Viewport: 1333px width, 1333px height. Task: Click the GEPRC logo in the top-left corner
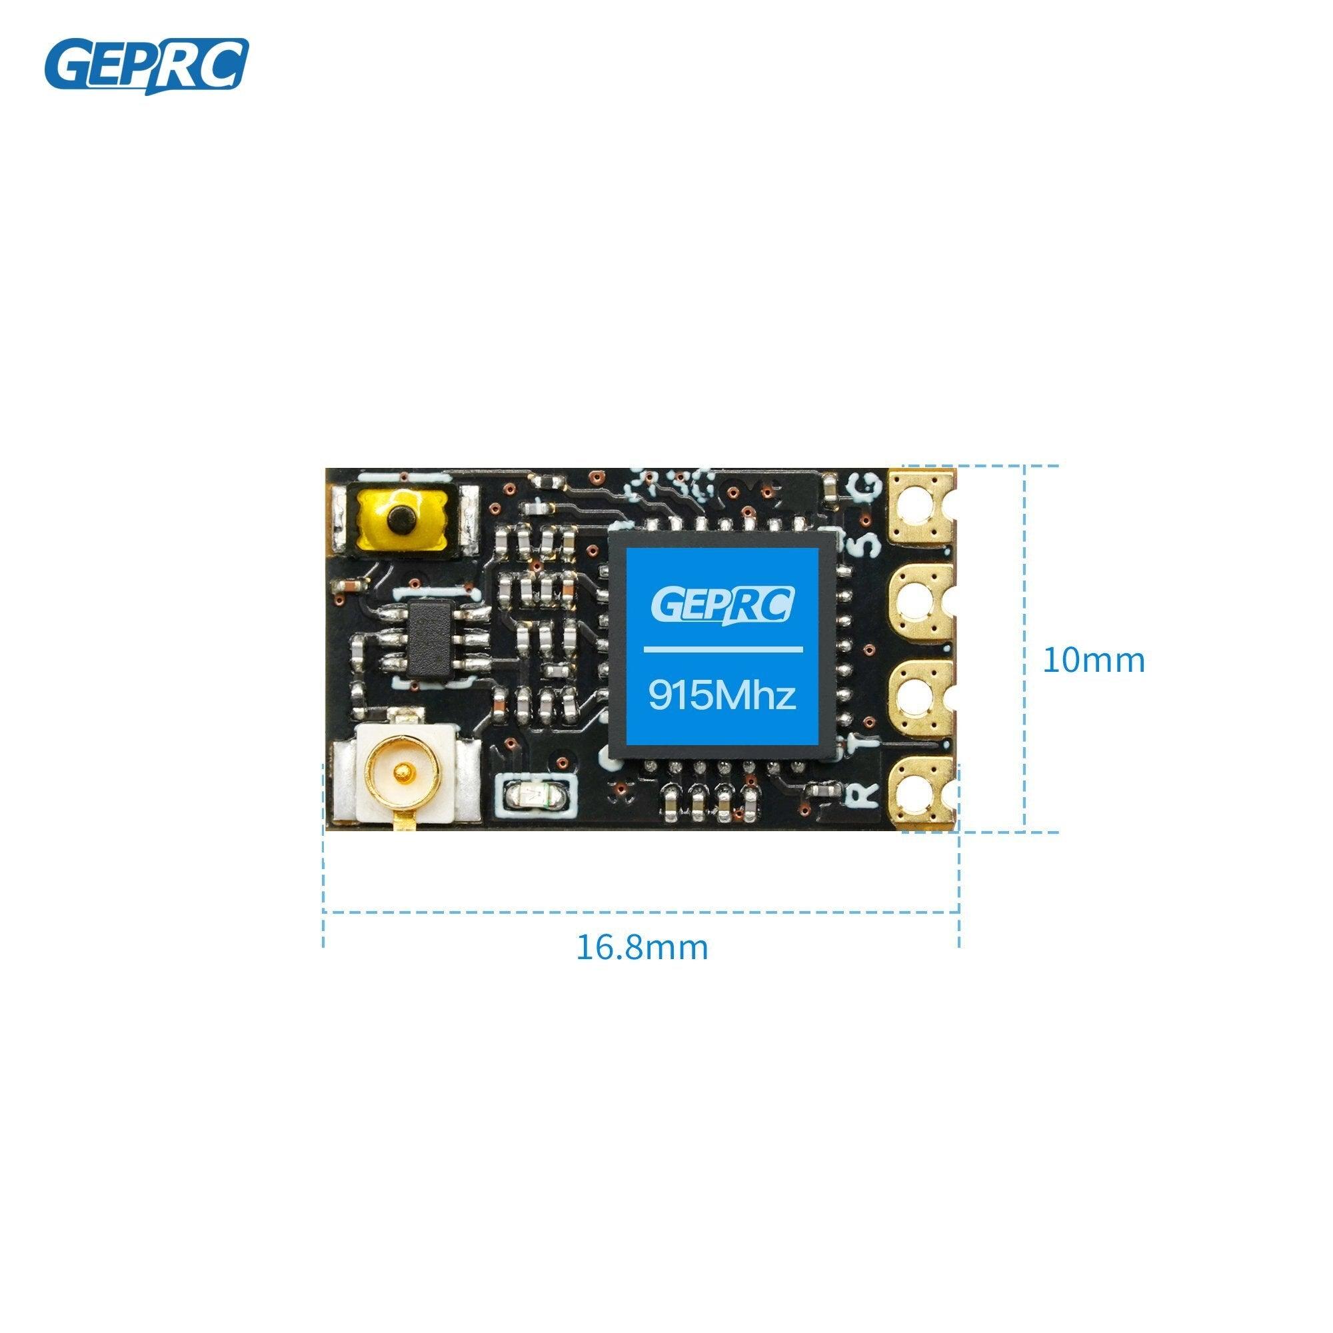(146, 66)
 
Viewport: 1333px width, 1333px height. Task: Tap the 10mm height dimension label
(1093, 661)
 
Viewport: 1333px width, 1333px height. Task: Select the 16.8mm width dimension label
(642, 947)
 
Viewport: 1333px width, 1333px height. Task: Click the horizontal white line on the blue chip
(723, 649)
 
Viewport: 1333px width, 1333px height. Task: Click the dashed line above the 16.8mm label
(642, 912)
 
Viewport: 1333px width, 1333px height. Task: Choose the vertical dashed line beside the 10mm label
(1024, 649)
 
